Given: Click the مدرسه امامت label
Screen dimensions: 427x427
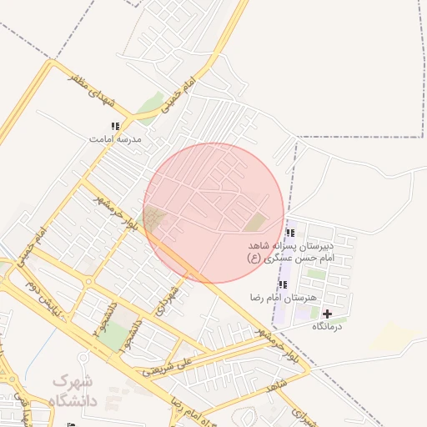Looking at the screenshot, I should (x=117, y=139).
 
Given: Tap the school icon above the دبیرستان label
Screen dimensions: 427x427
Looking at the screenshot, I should (x=290, y=233).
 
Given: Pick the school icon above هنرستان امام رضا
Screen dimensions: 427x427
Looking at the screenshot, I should (x=282, y=284).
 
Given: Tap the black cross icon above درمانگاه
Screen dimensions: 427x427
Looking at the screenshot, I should (x=327, y=314).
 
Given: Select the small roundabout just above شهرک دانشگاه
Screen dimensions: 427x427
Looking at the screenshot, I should (x=88, y=282).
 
